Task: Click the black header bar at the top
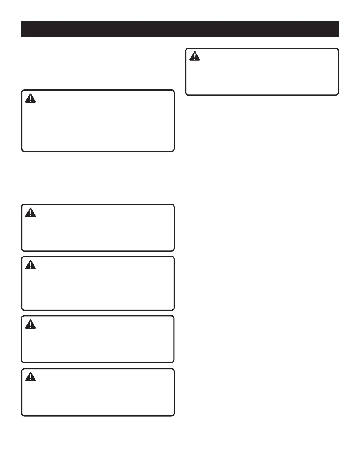(x=180, y=29)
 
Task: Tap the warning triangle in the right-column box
(x=194, y=56)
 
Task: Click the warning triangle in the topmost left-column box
(x=30, y=98)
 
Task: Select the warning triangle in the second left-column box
(x=30, y=212)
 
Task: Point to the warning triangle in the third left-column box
(x=30, y=265)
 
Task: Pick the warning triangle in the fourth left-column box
(x=30, y=324)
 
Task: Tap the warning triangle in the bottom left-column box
(x=30, y=377)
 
